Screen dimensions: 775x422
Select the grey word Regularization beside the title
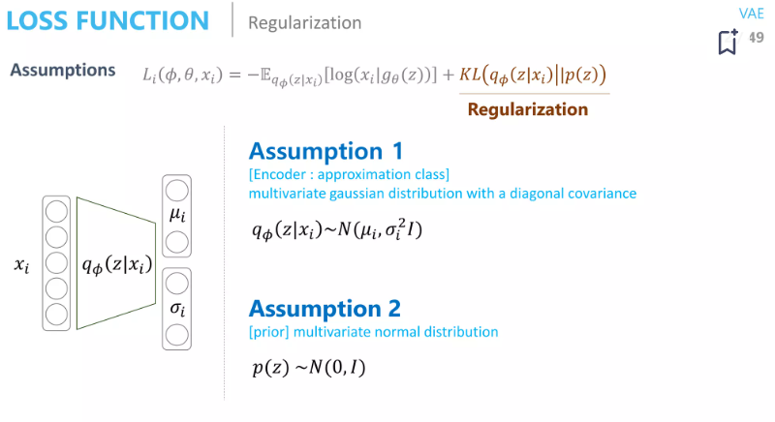[304, 22]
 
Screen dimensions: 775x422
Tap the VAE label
[751, 13]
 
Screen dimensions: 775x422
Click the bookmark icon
[727, 42]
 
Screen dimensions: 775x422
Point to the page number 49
[756, 37]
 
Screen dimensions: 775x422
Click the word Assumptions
[60, 72]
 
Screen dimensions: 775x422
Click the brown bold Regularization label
[527, 109]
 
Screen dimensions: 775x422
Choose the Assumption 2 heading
[325, 309]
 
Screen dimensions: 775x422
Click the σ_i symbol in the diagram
[177, 309]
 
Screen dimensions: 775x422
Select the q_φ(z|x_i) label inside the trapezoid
[117, 261]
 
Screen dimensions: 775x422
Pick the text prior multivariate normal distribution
[373, 332]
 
